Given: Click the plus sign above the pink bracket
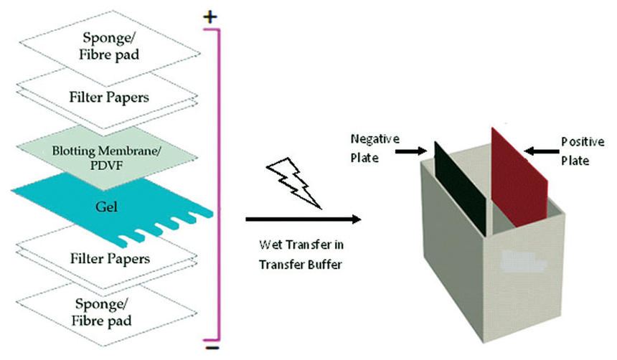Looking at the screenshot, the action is pos(210,17).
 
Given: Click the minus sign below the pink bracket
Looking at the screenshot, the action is pos(212,348).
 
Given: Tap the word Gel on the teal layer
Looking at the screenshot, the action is pos(106,207).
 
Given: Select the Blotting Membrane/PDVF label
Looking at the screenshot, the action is pos(106,158).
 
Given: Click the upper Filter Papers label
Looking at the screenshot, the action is pos(109,98).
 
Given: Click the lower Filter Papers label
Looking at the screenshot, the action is pos(110,258).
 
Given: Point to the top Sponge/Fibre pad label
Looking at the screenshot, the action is pos(109,46).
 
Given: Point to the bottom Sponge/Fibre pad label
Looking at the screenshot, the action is pos(102,313).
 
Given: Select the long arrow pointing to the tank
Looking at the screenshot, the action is pos(303,219).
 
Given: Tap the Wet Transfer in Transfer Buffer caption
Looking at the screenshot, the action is pos(301,255).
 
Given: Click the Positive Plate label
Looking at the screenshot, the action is pos(583,151).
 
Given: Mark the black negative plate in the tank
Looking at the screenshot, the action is pos(460,189).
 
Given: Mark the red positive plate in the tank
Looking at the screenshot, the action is pos(519,177).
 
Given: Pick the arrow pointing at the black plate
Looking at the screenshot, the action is pos(411,151).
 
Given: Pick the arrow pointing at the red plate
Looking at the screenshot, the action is pos(542,151).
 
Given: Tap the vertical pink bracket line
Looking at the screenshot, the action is pos(219,185).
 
